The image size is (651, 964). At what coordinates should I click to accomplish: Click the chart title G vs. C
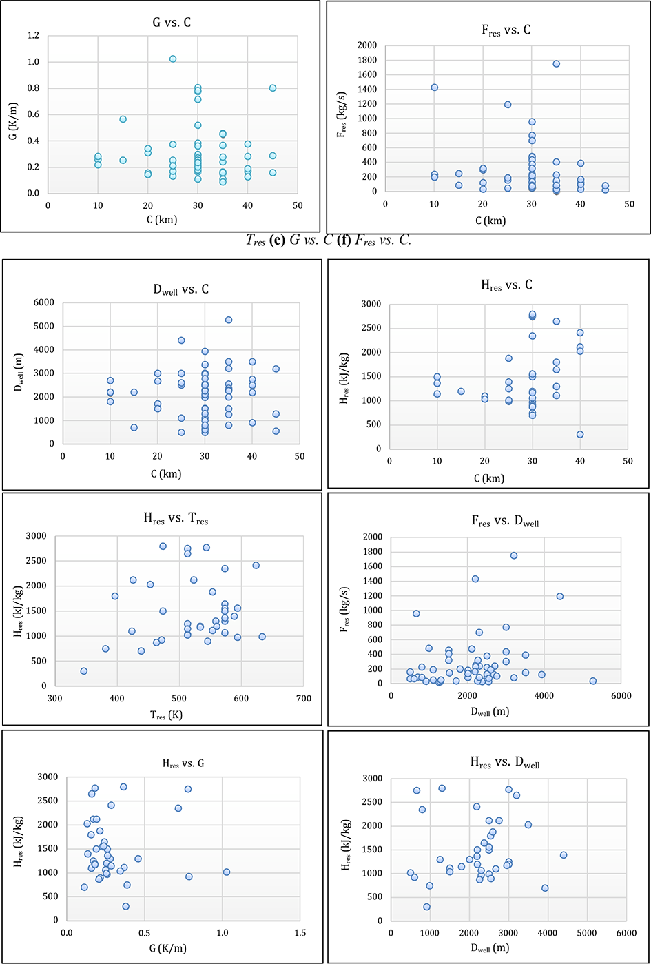point(172,23)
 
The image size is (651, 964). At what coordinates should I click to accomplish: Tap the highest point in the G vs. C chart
point(173,59)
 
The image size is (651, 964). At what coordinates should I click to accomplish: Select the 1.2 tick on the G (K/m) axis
point(32,36)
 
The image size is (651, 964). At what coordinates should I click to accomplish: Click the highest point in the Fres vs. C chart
point(556,64)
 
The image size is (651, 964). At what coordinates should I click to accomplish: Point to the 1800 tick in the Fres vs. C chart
point(366,60)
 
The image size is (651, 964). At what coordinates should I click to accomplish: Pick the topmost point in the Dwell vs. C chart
point(229,320)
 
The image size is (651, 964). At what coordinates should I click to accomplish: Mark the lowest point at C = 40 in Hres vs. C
point(580,435)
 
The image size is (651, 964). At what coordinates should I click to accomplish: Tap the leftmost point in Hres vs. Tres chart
point(84,671)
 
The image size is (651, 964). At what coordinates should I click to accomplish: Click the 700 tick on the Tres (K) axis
point(303,699)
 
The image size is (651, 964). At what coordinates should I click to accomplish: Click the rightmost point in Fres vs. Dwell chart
point(592,681)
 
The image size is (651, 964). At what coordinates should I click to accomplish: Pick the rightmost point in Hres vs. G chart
point(226,872)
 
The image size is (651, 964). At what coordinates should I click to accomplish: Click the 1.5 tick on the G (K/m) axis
point(300,932)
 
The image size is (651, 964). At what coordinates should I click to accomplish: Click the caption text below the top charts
point(329,240)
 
